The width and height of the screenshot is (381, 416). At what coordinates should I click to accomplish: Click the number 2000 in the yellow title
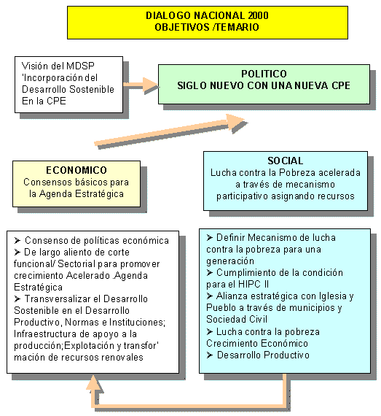(x=258, y=15)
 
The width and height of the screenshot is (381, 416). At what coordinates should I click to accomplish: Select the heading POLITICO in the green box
(x=264, y=74)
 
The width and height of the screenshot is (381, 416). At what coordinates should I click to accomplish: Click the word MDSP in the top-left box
(x=80, y=66)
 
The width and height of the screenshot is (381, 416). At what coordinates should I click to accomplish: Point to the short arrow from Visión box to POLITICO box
(x=141, y=85)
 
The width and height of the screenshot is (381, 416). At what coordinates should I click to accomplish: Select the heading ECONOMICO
(x=76, y=170)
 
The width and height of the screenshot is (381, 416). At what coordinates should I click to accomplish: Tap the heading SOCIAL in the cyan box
(x=286, y=161)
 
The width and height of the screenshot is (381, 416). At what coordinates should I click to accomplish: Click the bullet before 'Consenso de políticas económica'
(x=17, y=241)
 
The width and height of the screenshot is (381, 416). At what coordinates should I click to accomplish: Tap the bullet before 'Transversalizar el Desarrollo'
(x=17, y=299)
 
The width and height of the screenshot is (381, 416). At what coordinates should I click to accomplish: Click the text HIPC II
(x=254, y=284)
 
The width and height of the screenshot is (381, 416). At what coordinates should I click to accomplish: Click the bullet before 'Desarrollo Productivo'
(x=210, y=355)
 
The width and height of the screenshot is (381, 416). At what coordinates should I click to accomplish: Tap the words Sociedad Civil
(x=237, y=319)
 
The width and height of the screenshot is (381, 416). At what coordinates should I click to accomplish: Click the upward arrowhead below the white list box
(x=93, y=383)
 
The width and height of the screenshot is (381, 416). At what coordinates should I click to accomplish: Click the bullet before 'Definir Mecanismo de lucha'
(x=210, y=237)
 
